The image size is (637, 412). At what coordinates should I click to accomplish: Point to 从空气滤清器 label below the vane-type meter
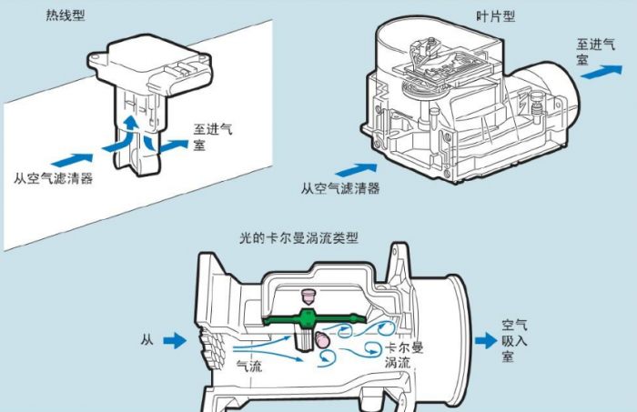click(x=340, y=189)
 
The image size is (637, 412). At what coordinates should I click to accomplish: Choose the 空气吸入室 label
click(x=515, y=338)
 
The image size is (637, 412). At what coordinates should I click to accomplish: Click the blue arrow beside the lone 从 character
click(x=174, y=340)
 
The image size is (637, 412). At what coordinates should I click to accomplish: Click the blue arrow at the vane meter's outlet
click(x=595, y=72)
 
